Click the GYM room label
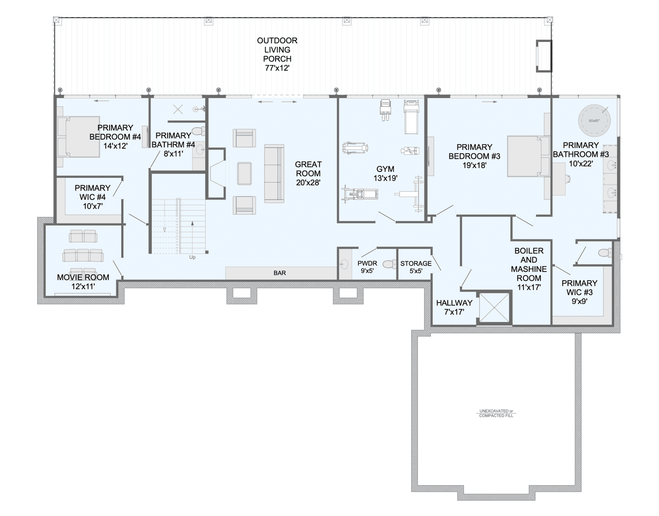[385, 169]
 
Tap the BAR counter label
[279, 273]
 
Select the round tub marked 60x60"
[594, 121]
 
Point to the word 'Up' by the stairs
[192, 257]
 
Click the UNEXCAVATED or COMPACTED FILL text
[496, 413]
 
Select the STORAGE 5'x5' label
[416, 267]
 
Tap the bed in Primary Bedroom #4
[79, 137]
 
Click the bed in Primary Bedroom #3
[528, 156]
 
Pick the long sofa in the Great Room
[274, 174]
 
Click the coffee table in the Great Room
[244, 174]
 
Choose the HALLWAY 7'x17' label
[454, 307]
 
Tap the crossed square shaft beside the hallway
[494, 307]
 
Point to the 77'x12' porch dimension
[277, 68]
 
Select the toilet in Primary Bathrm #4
[199, 131]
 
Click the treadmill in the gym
[411, 117]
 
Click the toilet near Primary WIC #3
[605, 253]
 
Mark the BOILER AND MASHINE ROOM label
[528, 269]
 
